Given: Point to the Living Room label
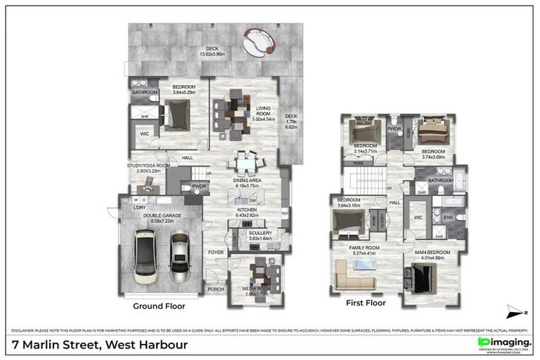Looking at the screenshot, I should pyautogui.click(x=263, y=112).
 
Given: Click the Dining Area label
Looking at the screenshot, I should pyautogui.click(x=247, y=184).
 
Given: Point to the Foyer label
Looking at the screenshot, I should pyautogui.click(x=216, y=251).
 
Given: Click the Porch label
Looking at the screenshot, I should pyautogui.click(x=215, y=288).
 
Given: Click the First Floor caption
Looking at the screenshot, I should pyautogui.click(x=366, y=304).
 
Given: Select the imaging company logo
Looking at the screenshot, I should pyautogui.click(x=503, y=342).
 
